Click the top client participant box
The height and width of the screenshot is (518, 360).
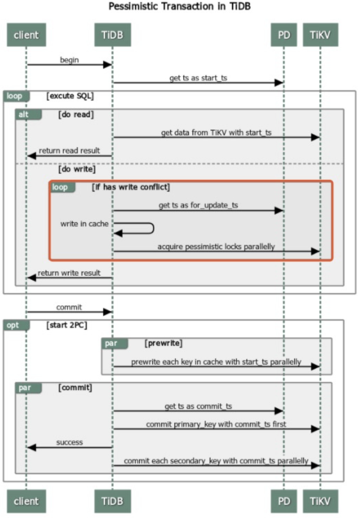26,35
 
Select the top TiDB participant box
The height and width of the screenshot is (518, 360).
112,35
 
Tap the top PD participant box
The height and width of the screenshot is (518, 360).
284,35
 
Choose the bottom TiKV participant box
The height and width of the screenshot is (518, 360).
320,501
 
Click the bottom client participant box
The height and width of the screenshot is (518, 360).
26,501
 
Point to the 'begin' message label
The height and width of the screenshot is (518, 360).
69,60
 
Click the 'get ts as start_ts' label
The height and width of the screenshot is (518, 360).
198,78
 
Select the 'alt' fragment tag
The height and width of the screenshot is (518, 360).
24,115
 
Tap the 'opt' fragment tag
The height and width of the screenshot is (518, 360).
13,325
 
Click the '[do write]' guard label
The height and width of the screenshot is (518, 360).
77,169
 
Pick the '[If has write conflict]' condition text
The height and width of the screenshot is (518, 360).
131,187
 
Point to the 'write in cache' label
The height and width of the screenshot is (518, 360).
84,224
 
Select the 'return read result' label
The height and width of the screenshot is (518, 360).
69,151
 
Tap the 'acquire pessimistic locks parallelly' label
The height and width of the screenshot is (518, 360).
216,247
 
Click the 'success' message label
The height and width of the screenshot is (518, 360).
69,442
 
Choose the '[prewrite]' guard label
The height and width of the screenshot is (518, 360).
163,343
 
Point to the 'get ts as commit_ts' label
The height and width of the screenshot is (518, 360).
198,406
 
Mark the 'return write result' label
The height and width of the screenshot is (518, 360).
69,273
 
